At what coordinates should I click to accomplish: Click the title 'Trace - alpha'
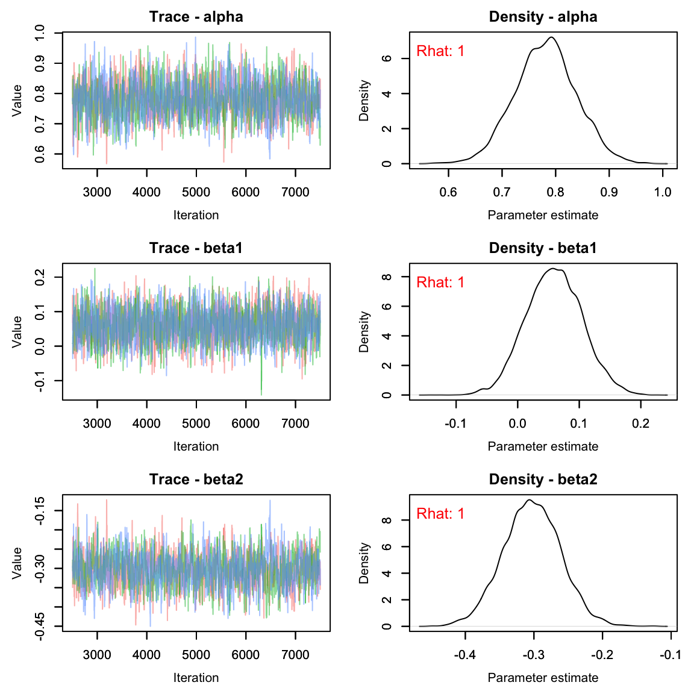(x=196, y=17)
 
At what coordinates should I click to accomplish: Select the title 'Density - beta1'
(x=543, y=248)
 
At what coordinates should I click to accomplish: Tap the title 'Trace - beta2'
(x=196, y=480)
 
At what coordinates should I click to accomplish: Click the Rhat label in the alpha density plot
(x=440, y=51)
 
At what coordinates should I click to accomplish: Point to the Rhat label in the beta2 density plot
(x=440, y=514)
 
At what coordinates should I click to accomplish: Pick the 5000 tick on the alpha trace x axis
(x=196, y=192)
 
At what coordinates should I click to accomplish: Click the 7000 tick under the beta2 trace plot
(x=295, y=655)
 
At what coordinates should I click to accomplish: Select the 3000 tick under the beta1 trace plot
(x=97, y=424)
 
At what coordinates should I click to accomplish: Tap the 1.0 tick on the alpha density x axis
(x=663, y=192)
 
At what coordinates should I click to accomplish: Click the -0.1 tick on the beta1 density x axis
(x=455, y=424)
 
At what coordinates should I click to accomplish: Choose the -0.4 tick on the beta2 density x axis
(x=464, y=655)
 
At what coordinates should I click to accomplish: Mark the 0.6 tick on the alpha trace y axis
(x=40, y=154)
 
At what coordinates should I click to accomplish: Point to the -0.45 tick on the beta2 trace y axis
(x=40, y=626)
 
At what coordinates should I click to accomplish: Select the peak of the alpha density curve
(x=551, y=37)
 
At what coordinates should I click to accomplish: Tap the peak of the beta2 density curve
(x=528, y=500)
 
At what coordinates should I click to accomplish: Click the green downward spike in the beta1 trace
(x=261, y=393)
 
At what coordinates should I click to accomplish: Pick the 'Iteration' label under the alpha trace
(x=196, y=215)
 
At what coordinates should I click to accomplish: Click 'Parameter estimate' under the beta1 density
(x=543, y=446)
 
